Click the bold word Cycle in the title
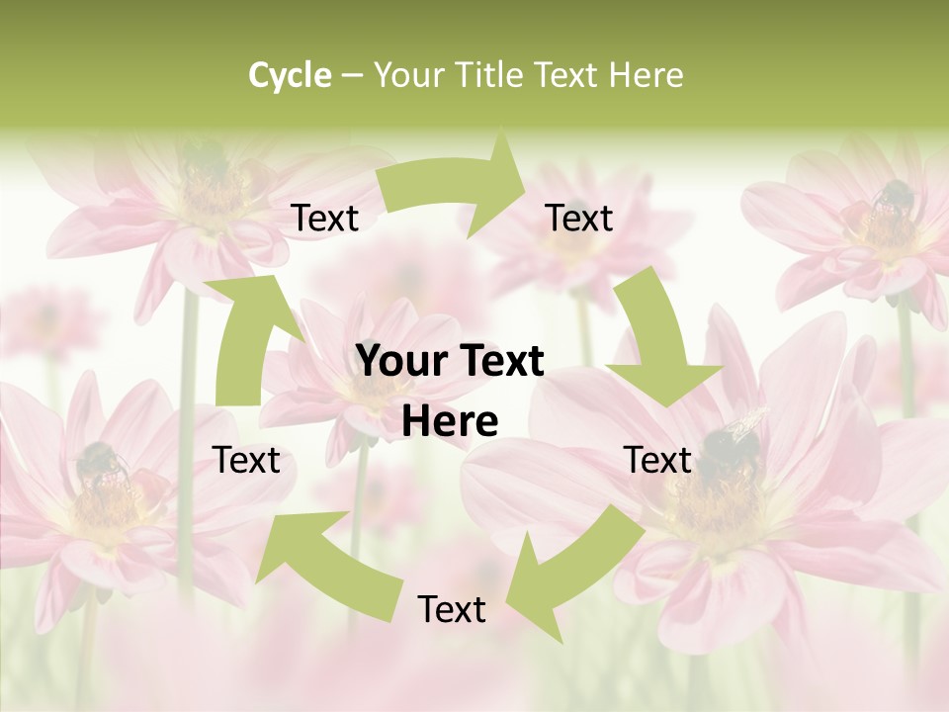click(290, 75)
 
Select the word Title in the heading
click(493, 75)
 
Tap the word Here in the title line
click(646, 75)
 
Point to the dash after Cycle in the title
click(352, 76)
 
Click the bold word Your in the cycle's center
click(399, 362)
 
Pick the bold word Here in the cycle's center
click(450, 422)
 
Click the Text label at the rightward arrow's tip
click(579, 218)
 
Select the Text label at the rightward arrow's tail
click(325, 218)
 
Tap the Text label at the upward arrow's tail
click(247, 460)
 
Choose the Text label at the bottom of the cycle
click(452, 609)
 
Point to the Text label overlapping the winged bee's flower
click(658, 460)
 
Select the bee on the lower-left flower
click(102, 465)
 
